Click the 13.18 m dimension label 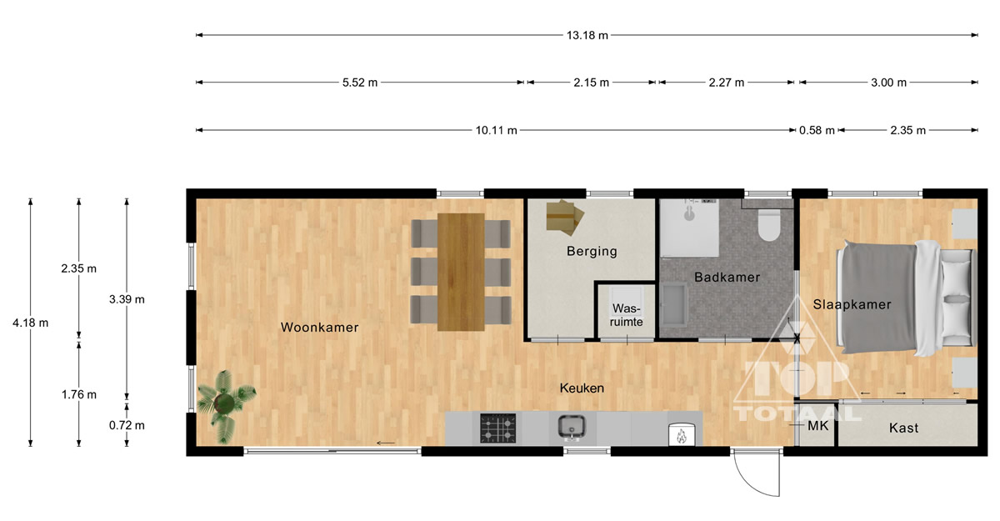coord(587,35)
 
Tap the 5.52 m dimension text coord(360,83)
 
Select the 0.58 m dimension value coord(817,130)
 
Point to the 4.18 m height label coord(30,323)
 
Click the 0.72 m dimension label coord(127,425)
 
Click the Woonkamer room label coord(320,328)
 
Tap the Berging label coord(592,252)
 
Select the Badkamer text coord(727,278)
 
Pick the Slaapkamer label coord(852,304)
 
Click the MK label coord(817,426)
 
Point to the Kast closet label coord(903,428)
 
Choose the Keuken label coord(582,388)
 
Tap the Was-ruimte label coord(627,315)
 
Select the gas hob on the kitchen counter coord(497,428)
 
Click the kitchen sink coord(572,427)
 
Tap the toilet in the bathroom coord(768,225)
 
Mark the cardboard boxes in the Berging coord(565,218)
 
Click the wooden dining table coord(461,272)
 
